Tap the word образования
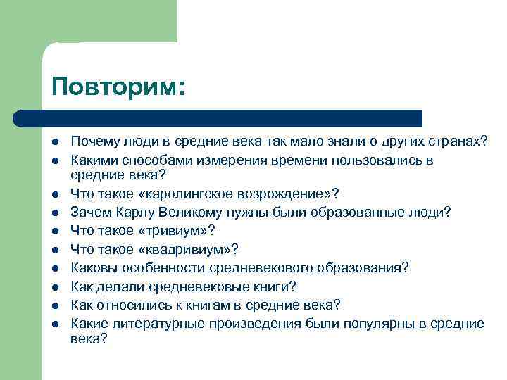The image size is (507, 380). [358, 267]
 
